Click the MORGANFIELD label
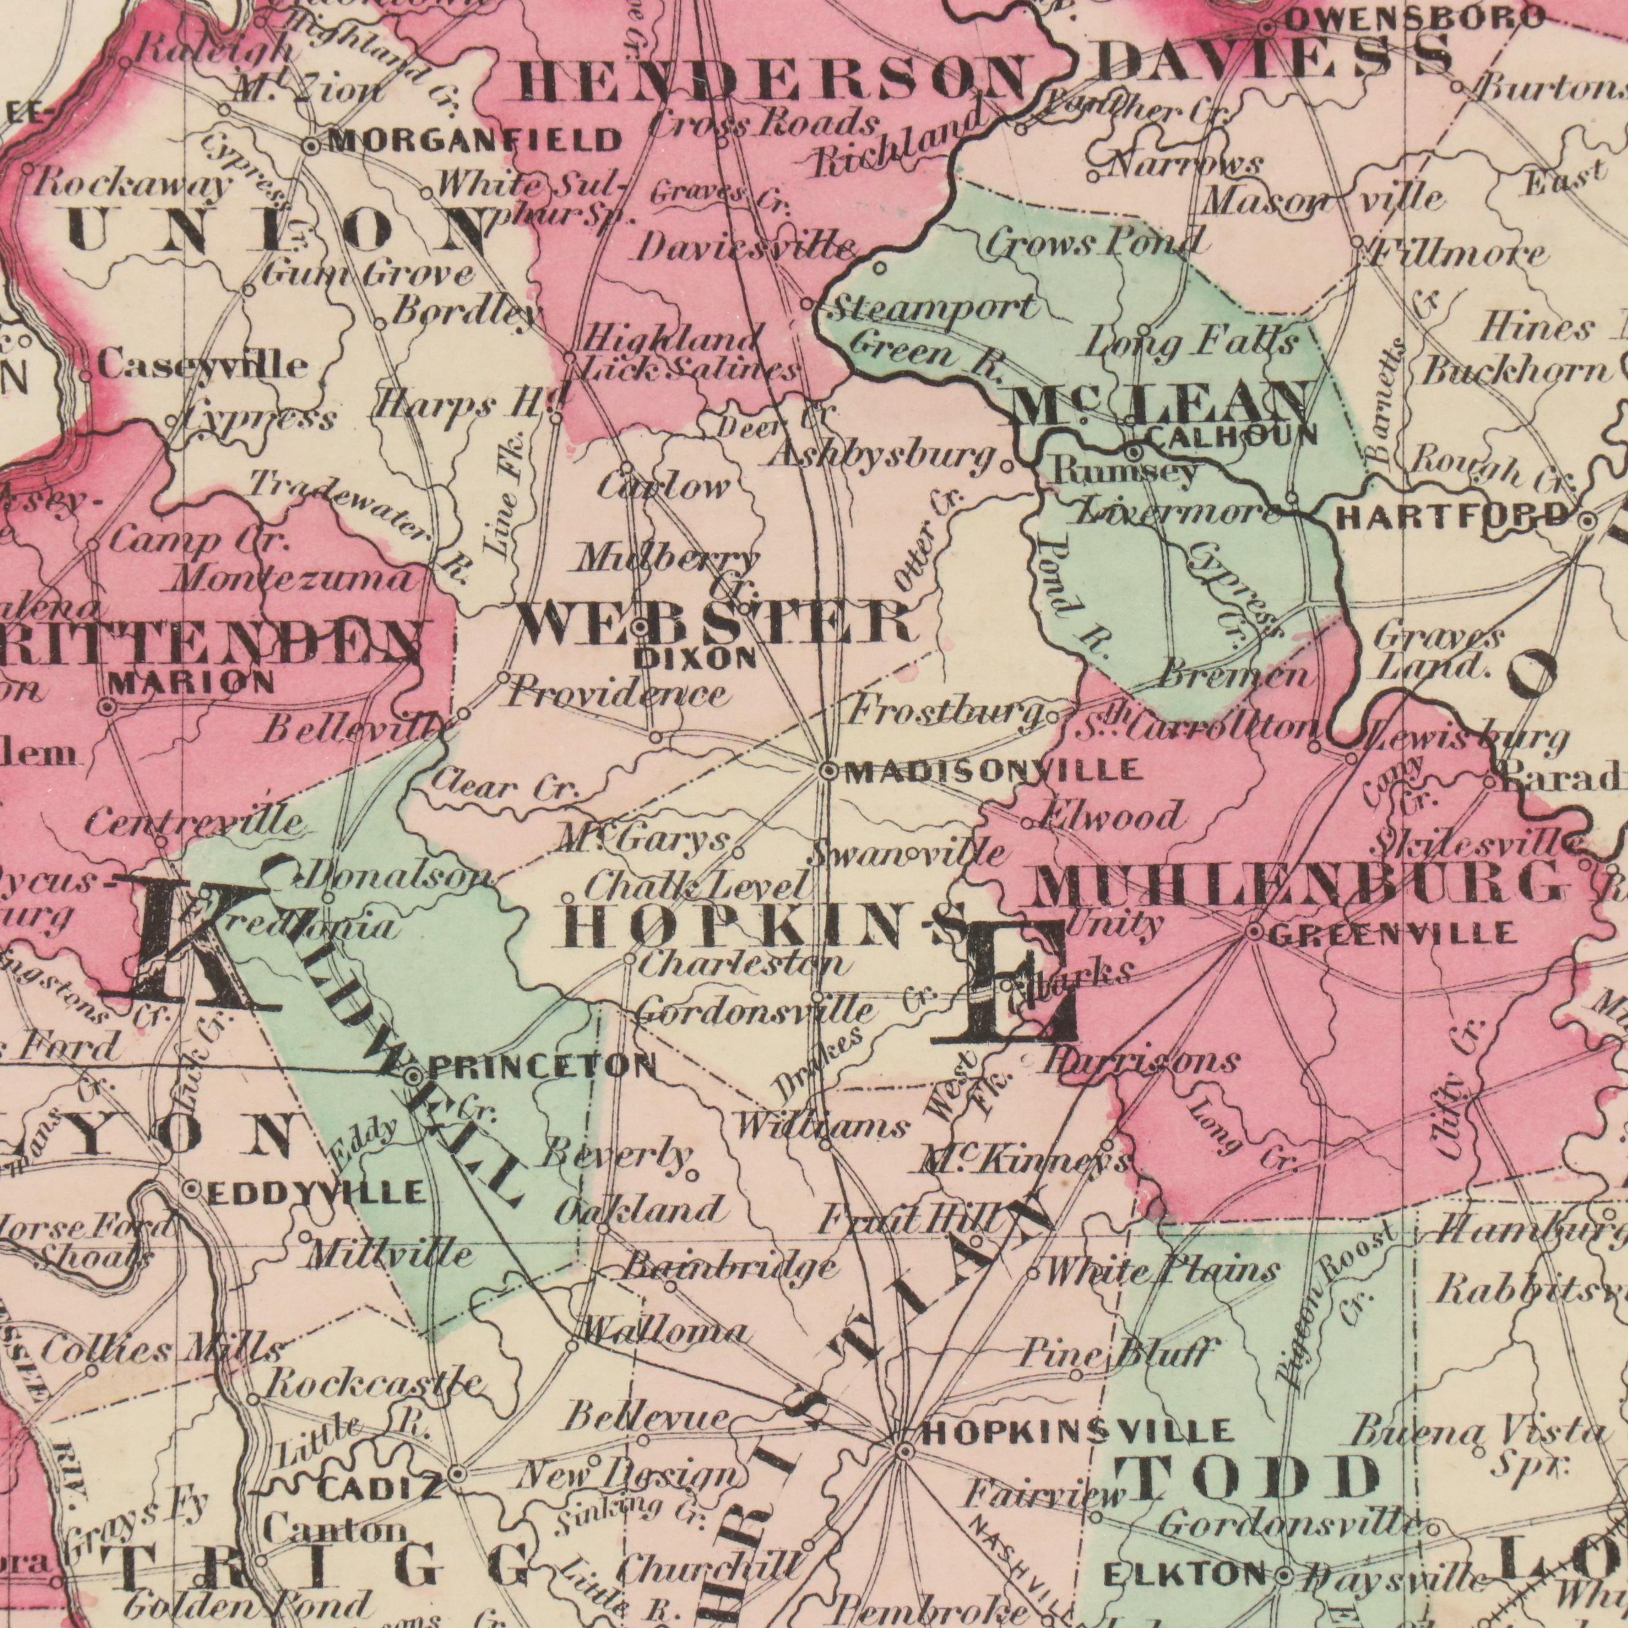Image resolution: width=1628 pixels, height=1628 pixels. [x=474, y=140]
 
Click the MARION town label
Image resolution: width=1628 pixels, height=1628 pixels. [x=191, y=683]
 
